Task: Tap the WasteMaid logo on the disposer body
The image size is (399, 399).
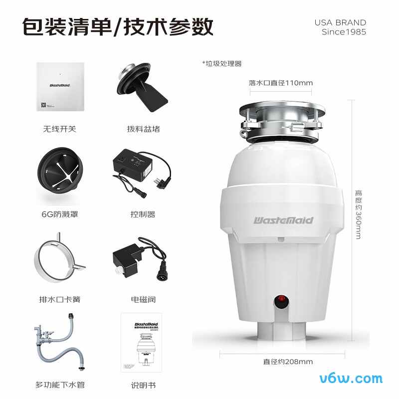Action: pos(283,219)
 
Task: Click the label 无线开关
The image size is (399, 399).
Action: pos(60,129)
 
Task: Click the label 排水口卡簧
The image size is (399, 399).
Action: pos(60,299)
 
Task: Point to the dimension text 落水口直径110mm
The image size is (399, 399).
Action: pos(281,83)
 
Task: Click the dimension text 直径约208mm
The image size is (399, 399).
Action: pos(281,362)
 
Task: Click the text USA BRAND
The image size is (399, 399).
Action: pos(340,22)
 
